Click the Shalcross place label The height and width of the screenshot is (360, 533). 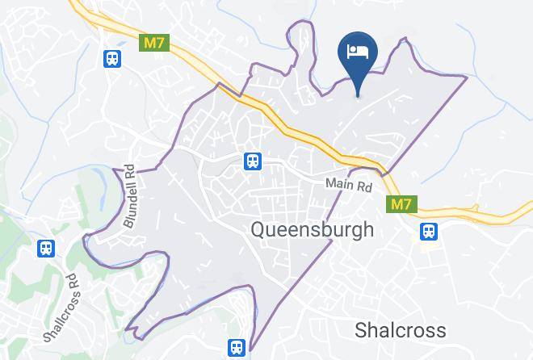coord(400,330)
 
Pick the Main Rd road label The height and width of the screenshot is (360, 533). coord(349,185)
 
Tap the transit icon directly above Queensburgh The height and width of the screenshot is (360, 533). coord(254,161)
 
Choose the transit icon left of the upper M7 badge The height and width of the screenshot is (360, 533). coord(111,58)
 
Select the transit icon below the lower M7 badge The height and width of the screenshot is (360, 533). coord(428,232)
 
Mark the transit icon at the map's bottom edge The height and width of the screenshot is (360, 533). coord(236,347)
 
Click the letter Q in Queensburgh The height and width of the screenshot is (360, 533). coord(258,229)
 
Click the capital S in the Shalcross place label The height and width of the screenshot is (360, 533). coord(361,330)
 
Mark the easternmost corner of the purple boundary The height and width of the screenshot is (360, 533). coord(467,77)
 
